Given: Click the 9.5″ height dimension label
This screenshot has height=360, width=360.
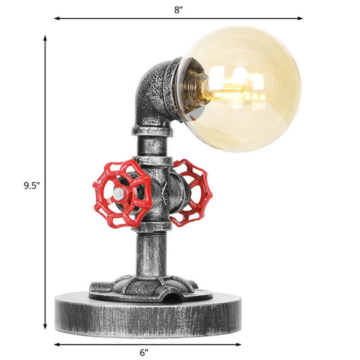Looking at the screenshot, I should click(x=24, y=187).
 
